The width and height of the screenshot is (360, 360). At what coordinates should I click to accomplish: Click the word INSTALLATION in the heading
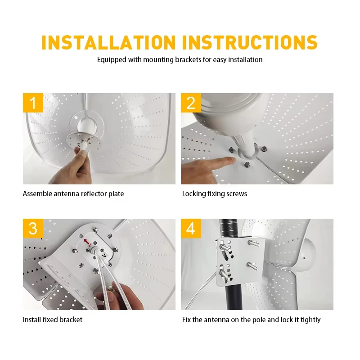point(108,42)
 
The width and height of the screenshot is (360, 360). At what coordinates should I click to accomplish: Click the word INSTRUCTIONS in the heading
point(250,42)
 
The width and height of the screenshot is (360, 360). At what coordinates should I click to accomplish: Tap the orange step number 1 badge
point(33,103)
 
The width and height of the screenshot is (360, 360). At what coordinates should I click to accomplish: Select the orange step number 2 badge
point(191,103)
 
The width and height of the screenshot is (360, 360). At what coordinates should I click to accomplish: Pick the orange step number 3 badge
point(33,229)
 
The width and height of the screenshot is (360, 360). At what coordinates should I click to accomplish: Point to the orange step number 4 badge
point(191,229)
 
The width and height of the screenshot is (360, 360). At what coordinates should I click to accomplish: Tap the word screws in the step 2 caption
point(237,194)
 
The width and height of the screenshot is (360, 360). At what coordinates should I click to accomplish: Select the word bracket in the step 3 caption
point(71,319)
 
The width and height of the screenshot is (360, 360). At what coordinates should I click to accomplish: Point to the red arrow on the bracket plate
point(86,242)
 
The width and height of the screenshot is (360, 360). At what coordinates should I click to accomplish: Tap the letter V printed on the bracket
point(104,255)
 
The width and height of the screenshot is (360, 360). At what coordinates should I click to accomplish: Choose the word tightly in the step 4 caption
point(310,320)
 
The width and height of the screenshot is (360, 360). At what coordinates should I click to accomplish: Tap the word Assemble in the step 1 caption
point(38,194)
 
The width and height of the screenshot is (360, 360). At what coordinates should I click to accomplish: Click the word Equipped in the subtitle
point(112,60)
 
